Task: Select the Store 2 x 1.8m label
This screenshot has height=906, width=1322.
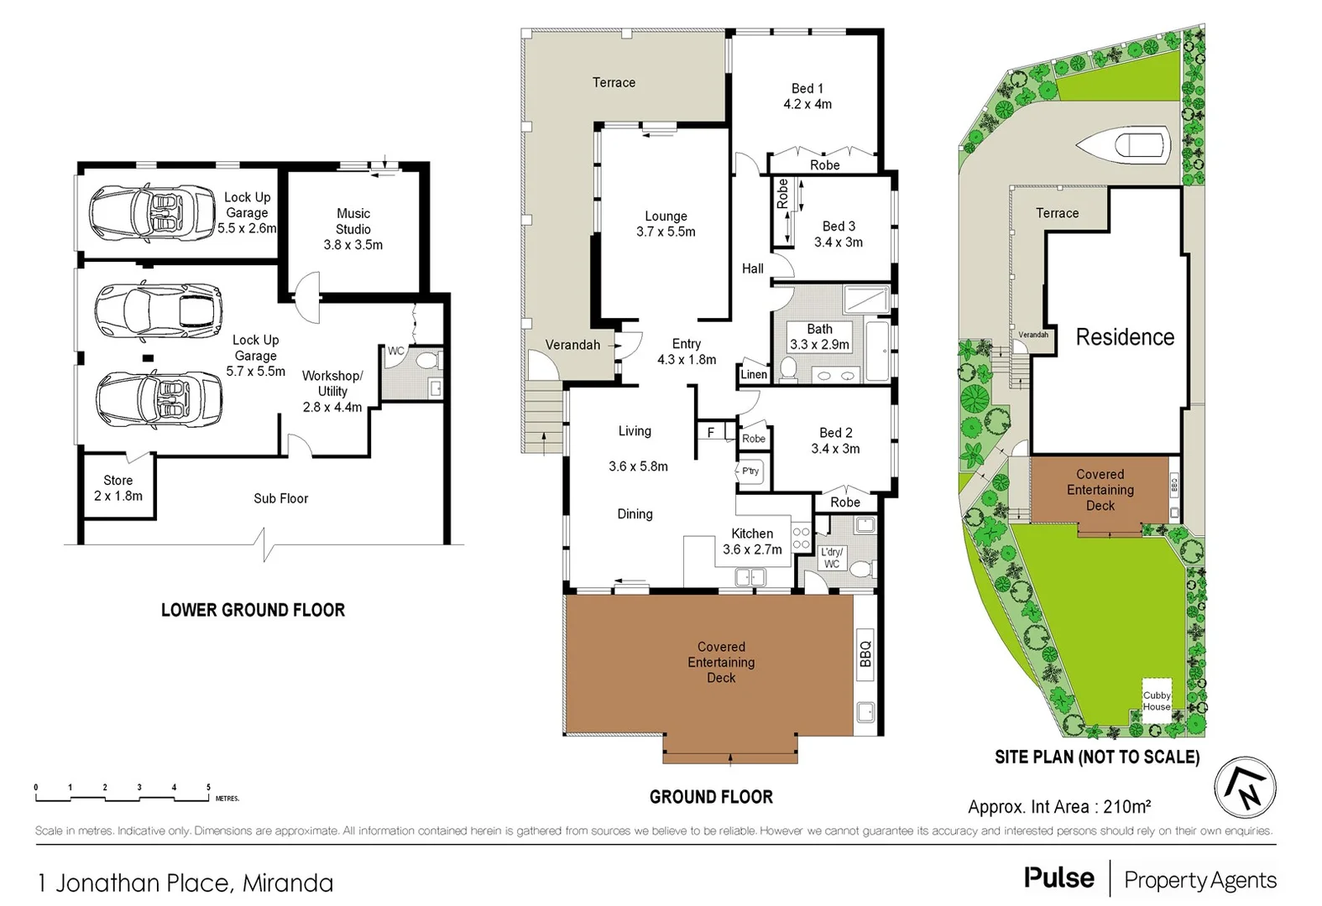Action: [x=118, y=488]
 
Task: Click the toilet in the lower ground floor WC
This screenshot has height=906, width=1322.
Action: [x=427, y=362]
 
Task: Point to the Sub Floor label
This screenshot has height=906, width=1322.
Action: [x=280, y=498]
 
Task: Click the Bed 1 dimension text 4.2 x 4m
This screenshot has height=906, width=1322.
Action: [x=807, y=104]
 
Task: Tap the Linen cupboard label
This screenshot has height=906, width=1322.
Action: [x=753, y=374]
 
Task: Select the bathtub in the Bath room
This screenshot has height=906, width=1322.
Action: [x=879, y=348]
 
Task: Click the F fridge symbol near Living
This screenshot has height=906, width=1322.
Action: [x=710, y=433]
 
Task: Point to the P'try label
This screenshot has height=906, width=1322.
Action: [x=750, y=471]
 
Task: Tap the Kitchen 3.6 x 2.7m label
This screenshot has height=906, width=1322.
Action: [x=752, y=541]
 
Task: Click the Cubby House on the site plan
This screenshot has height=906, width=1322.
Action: [x=1157, y=700]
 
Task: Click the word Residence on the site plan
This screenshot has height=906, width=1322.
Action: [x=1125, y=337]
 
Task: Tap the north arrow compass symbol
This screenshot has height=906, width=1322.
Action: [x=1245, y=788]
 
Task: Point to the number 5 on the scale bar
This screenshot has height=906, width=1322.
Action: [x=208, y=788]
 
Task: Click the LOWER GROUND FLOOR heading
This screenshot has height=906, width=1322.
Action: [x=253, y=610]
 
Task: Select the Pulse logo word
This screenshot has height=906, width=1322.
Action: [x=1058, y=878]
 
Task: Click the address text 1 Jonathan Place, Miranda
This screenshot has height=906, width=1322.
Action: [x=185, y=883]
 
